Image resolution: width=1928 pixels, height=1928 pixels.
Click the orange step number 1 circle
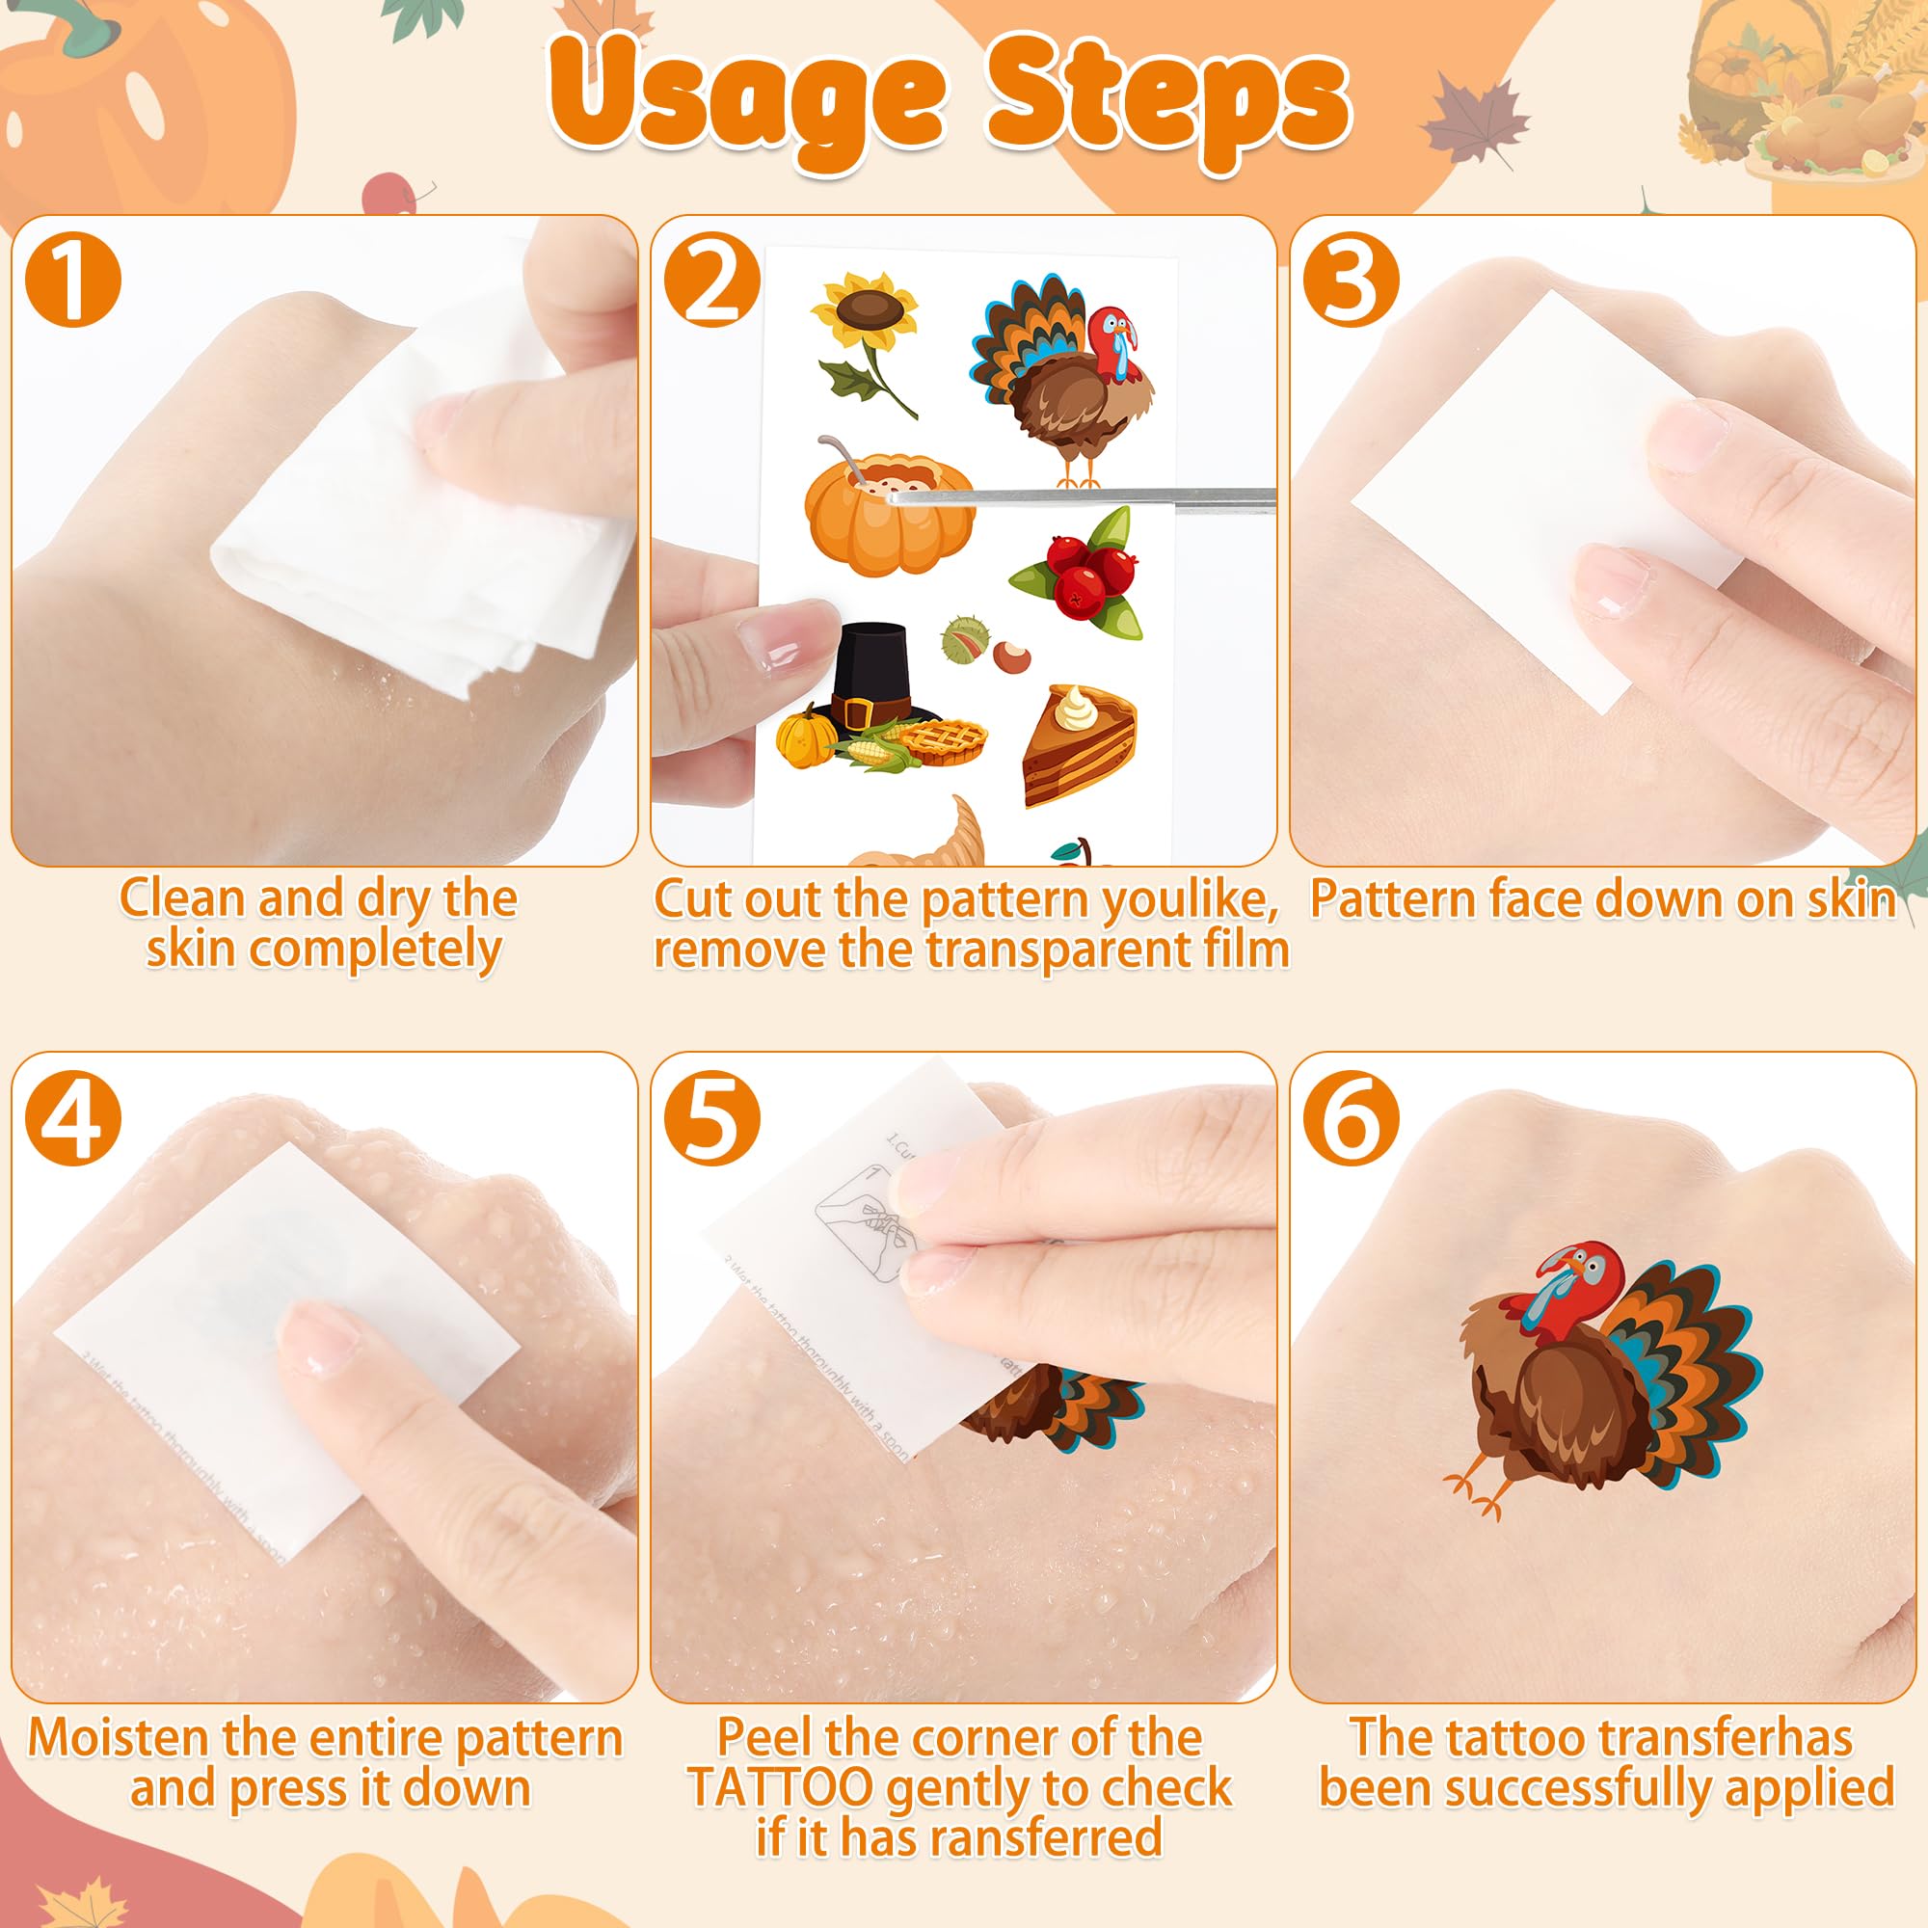click(73, 279)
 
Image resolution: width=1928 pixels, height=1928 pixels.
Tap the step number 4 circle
click(73, 1116)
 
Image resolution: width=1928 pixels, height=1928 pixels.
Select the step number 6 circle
click(1351, 1116)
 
